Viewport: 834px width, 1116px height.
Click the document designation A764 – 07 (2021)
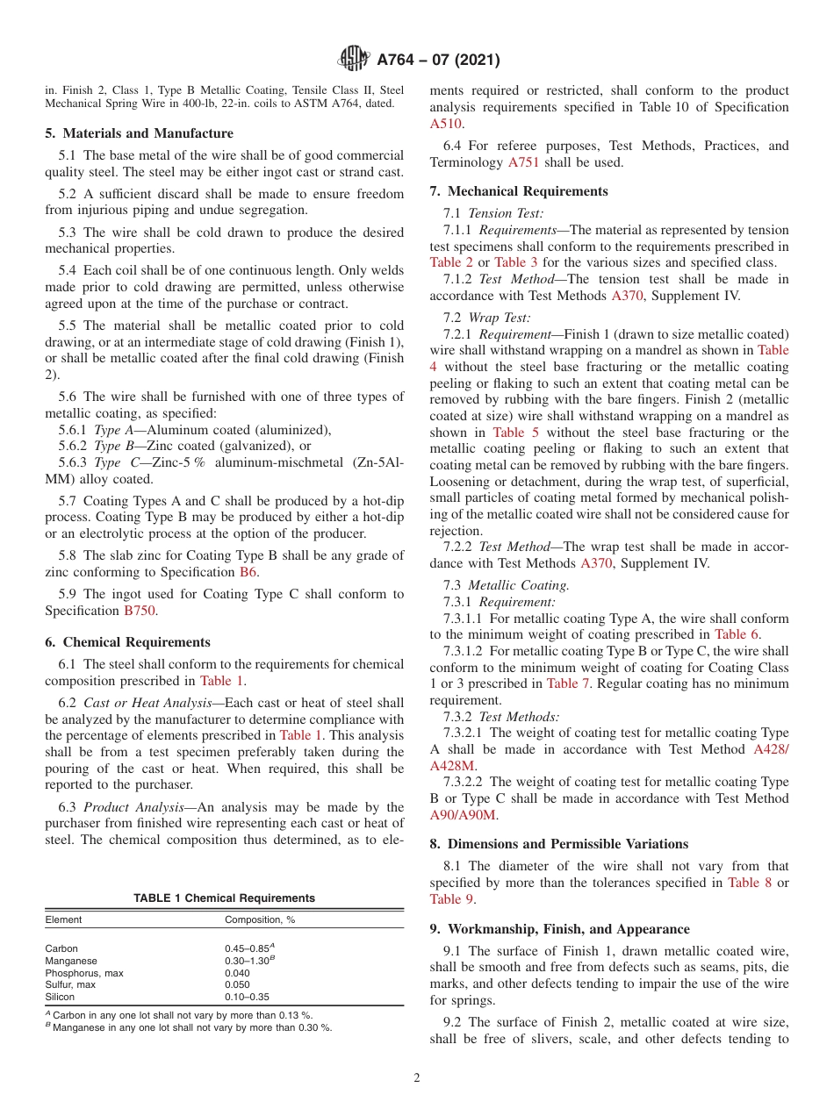[438, 61]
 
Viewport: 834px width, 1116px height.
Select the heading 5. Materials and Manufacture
[139, 133]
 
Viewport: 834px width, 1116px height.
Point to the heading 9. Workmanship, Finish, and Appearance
[559, 929]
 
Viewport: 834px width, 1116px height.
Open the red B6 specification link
[248, 572]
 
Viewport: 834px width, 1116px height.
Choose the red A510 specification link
[444, 124]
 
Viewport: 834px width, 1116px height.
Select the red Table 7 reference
[562, 683]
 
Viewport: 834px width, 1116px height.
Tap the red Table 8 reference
[750, 883]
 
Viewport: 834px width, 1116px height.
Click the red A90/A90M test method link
[463, 815]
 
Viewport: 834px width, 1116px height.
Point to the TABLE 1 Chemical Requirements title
[224, 898]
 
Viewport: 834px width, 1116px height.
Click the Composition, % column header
[260, 919]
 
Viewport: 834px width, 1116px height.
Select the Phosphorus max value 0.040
[237, 973]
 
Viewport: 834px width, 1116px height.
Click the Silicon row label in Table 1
[61, 997]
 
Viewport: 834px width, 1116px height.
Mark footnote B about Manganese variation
[189, 1027]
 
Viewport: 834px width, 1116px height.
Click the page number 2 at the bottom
[416, 1078]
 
